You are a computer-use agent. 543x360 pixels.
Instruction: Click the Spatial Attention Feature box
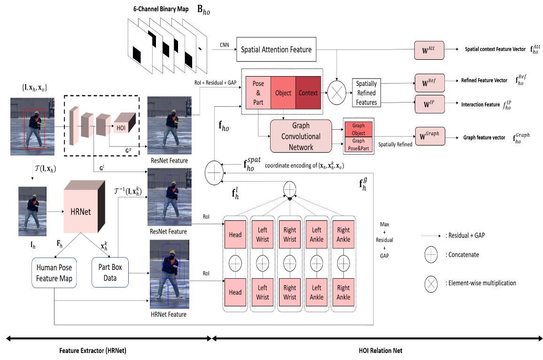point(276,49)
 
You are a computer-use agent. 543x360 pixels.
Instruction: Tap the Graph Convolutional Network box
point(301,136)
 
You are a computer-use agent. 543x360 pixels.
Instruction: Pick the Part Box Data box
point(110,272)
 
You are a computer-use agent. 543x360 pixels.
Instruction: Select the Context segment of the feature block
point(308,93)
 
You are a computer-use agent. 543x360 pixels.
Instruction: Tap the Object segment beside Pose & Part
point(283,93)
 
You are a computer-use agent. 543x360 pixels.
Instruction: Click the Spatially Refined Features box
point(366,93)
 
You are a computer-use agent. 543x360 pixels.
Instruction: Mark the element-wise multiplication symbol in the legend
point(431,283)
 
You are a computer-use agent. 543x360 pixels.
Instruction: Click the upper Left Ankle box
point(317,235)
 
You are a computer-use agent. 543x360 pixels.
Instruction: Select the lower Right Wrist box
point(290,292)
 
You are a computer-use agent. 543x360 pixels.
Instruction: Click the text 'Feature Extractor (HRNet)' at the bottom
point(93,351)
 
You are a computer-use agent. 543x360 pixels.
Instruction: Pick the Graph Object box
point(358,129)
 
